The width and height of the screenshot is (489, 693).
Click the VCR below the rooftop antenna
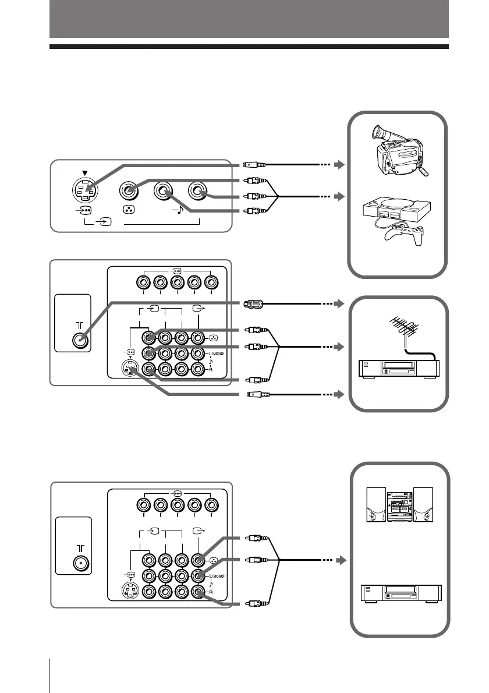(x=399, y=369)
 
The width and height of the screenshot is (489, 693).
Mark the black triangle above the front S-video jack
(x=85, y=172)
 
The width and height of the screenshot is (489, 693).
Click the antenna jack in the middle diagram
(x=80, y=341)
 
